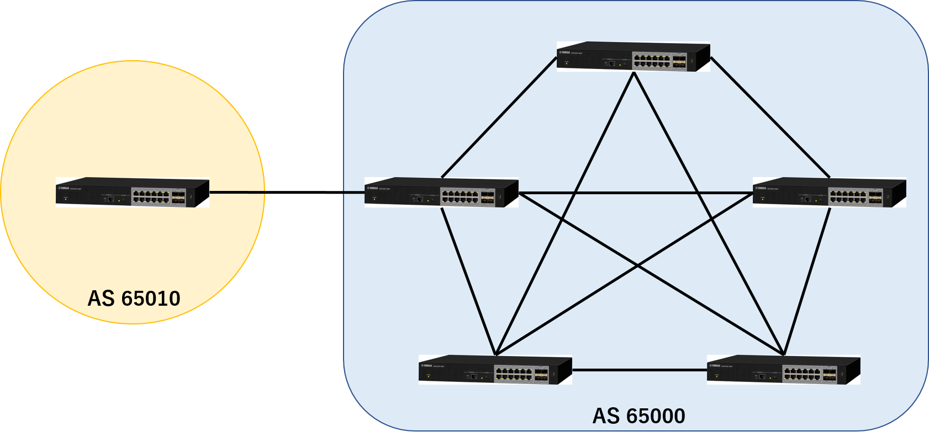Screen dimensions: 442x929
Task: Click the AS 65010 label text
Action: tap(134, 299)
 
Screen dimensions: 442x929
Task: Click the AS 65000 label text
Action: tap(638, 416)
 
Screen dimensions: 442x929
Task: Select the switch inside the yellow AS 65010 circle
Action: tap(133, 192)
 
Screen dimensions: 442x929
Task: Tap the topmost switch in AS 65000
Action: tap(633, 57)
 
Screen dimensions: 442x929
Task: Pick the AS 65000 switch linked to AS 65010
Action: tap(441, 193)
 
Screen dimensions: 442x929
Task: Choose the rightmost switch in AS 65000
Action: tap(829, 193)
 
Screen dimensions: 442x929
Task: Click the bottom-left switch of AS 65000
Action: tap(495, 370)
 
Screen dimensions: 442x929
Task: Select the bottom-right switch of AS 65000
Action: tap(783, 370)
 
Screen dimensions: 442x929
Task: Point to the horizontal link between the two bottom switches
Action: tap(640, 370)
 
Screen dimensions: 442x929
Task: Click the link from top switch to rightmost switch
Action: tap(770, 118)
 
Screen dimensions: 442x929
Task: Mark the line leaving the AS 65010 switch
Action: tap(237, 193)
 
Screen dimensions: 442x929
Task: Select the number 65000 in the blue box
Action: tap(655, 416)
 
